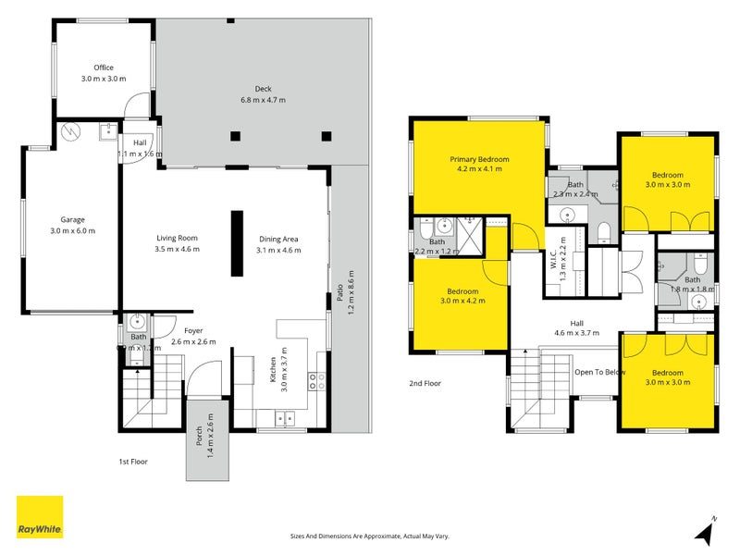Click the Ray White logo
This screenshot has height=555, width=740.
coord(40,517)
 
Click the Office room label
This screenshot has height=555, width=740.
coord(103,73)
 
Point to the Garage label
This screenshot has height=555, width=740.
coord(72,225)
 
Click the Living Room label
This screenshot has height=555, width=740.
coord(177,244)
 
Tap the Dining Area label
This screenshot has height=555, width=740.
coord(278,244)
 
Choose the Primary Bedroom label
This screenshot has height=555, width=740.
coord(479,164)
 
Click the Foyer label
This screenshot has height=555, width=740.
coord(193,336)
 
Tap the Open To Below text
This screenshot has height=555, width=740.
coord(600,372)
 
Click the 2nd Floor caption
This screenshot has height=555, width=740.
coord(425,382)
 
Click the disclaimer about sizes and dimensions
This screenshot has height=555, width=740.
coord(370,536)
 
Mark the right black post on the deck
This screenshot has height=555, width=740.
coord(326,137)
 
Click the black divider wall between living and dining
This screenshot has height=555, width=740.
coord(236,244)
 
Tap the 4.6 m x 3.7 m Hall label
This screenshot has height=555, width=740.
coord(575,327)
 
